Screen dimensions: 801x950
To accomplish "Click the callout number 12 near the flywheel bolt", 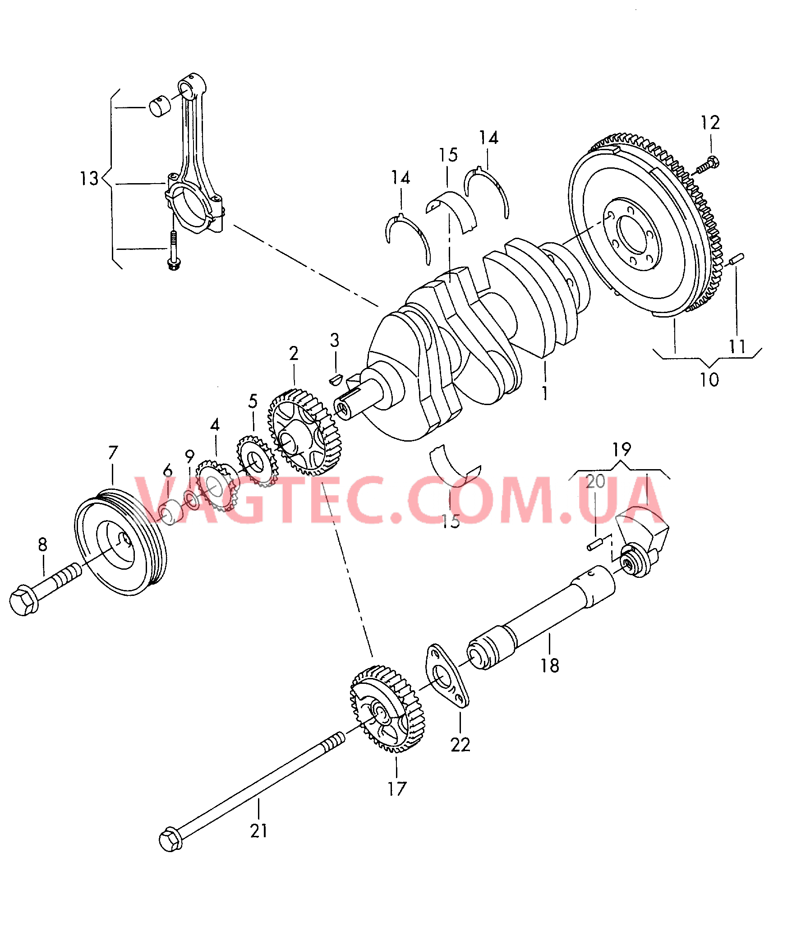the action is click(710, 123).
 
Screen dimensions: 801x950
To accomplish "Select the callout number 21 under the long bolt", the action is click(259, 831).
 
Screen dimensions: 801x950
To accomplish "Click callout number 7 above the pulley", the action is click(113, 452).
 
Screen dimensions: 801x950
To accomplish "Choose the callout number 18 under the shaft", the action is click(549, 666).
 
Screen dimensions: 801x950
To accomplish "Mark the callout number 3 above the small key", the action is click(335, 340).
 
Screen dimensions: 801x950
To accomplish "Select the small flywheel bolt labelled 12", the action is click(707, 165).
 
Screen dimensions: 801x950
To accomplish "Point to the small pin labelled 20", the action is click(594, 544).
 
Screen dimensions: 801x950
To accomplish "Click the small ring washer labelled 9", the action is click(192, 500).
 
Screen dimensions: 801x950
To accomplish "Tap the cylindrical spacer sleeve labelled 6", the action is click(172, 512).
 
